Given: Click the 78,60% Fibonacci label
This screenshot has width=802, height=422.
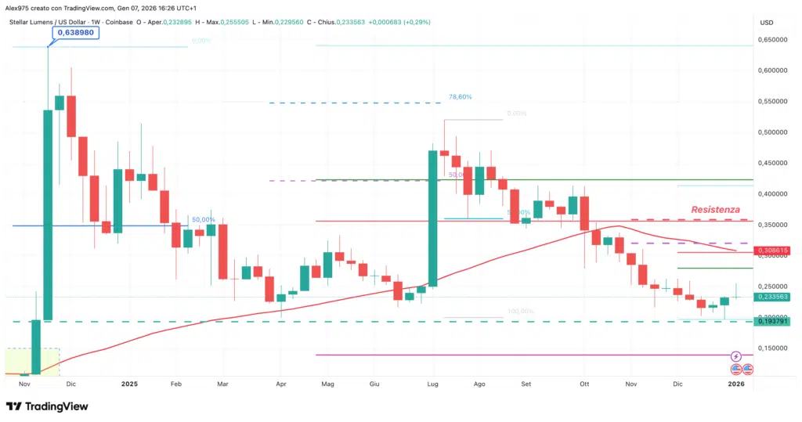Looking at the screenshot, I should [461, 97].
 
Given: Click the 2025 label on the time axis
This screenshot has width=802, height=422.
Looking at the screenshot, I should [129, 384].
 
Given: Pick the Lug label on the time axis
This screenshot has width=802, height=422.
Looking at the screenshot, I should [432, 384].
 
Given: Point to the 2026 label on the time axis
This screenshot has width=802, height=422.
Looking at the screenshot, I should [735, 384].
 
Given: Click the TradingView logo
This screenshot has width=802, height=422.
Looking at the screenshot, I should [47, 406].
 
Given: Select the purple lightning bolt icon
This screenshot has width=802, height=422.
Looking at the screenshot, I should [735, 356].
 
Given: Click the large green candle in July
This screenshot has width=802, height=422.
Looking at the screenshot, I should [432, 218].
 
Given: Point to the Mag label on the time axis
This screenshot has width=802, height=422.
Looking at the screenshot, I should [328, 384].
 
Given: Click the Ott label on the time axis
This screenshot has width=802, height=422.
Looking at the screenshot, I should [583, 384].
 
